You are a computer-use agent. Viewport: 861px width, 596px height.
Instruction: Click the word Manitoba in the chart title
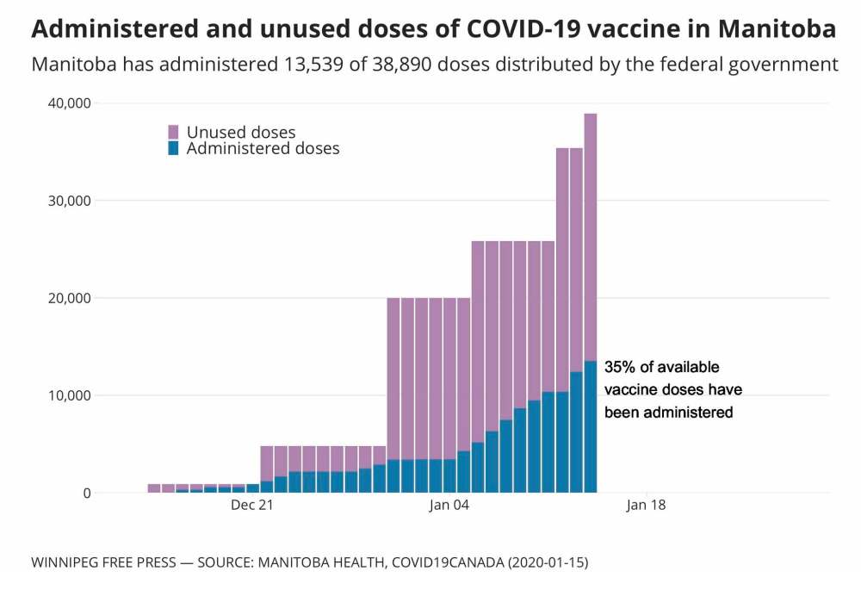click(775, 29)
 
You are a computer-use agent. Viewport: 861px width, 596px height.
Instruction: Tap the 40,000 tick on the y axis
click(68, 103)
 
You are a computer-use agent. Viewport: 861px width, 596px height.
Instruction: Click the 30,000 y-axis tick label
click(68, 201)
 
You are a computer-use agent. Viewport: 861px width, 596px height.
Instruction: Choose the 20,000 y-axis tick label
click(68, 298)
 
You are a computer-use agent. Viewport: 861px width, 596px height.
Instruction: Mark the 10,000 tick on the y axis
click(68, 395)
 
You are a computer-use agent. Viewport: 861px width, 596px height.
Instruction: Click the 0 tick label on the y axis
click(86, 493)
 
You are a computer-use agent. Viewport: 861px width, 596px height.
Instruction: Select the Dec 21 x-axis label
click(252, 506)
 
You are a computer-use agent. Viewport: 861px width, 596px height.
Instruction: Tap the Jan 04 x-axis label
click(449, 506)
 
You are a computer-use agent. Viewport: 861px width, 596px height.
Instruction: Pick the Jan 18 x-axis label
click(646, 506)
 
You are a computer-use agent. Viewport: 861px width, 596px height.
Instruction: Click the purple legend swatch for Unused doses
click(173, 132)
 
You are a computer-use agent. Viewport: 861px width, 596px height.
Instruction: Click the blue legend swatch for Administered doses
click(173, 148)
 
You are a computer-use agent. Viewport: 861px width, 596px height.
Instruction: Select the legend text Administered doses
click(263, 148)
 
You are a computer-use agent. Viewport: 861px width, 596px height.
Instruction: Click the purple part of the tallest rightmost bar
click(591, 233)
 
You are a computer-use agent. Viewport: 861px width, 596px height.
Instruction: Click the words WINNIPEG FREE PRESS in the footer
click(102, 562)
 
